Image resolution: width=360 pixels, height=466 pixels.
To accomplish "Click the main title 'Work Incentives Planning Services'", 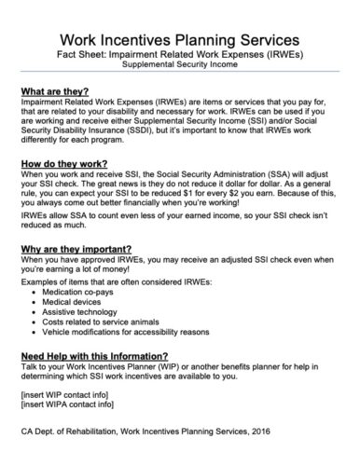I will coord(179,41).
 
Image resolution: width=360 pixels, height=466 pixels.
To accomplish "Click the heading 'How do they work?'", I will coord(61,162).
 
